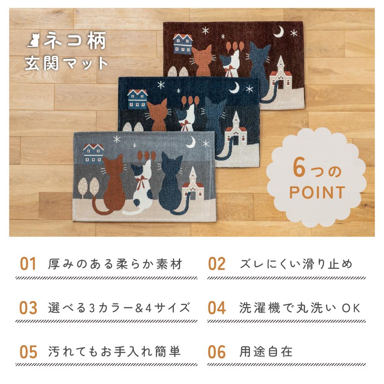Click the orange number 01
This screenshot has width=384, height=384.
[28, 264]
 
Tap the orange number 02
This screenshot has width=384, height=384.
[217, 264]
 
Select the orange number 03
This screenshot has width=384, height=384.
[28, 308]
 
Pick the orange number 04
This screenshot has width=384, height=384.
[217, 308]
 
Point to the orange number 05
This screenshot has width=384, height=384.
[28, 352]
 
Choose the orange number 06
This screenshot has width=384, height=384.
[217, 352]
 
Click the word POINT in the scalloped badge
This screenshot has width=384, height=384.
[317, 192]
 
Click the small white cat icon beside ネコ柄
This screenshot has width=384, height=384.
[34, 40]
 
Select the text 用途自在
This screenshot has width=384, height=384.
[266, 352]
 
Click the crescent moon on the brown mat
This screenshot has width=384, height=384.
[279, 32]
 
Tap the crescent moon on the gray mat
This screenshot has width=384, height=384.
[191, 142]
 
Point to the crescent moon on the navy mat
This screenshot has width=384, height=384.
[235, 88]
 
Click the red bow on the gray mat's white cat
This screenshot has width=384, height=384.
[141, 182]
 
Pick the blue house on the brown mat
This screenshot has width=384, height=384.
[182, 44]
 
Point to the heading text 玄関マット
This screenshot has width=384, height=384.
[66, 63]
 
